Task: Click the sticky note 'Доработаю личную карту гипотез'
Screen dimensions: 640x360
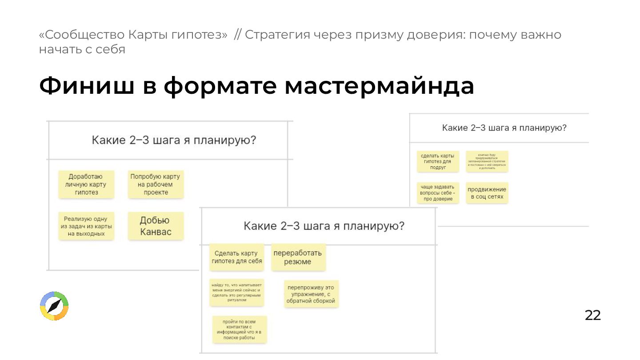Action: (86, 184)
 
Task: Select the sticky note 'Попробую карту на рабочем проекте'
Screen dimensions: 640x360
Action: (156, 184)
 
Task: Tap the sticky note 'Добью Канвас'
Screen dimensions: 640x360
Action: (156, 226)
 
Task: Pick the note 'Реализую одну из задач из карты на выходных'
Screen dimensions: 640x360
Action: (86, 226)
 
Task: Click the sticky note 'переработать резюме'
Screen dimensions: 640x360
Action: (298, 257)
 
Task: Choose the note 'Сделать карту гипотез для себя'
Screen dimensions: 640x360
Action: (236, 257)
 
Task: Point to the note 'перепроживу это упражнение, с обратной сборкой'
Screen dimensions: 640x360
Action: (311, 294)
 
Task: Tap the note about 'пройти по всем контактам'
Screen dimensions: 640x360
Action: (239, 329)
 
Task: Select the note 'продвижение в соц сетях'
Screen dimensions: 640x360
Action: (487, 193)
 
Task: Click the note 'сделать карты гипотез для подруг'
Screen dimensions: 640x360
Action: (438, 162)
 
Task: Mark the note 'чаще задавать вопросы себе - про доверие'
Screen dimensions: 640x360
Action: (438, 193)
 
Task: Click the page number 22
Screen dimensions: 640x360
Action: (592, 315)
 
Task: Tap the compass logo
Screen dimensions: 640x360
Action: (54, 306)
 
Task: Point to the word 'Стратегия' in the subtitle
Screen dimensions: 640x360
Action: (275, 35)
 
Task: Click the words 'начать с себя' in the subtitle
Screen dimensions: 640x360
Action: (82, 49)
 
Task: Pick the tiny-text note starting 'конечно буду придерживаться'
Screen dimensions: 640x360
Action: (487, 161)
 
